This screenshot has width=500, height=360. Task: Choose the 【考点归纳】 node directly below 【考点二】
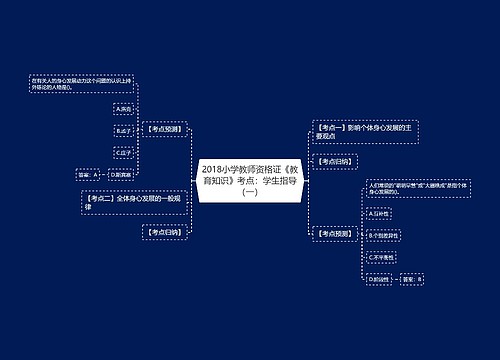click(165, 232)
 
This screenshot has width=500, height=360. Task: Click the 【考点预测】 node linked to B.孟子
click(165, 129)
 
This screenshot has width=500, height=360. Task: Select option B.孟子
click(124, 129)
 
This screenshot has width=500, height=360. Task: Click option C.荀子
click(124, 152)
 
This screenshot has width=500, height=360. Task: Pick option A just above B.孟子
click(124, 107)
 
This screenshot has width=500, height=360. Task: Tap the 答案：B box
click(411, 279)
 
